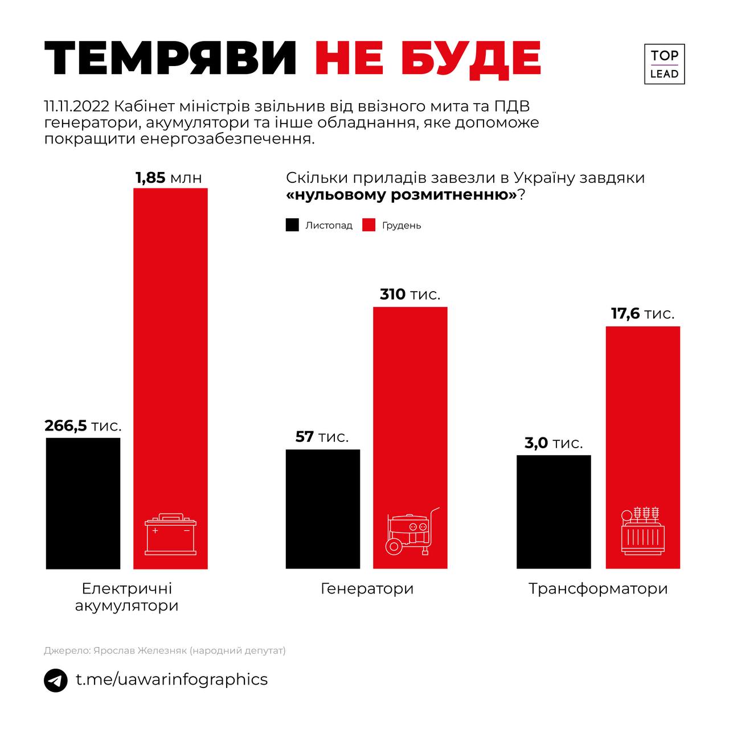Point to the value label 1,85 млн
point(169,178)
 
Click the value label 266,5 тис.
point(83,425)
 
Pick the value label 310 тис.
point(410,294)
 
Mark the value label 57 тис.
point(322,437)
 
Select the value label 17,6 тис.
point(642,313)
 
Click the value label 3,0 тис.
point(554,443)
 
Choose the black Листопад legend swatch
point(292,225)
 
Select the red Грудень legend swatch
point(369,225)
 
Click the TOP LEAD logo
point(664,64)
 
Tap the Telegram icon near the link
point(55,681)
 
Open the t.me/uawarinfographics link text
point(171,679)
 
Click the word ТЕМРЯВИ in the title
point(170,59)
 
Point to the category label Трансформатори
point(597,588)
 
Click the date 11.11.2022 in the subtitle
point(78,107)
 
